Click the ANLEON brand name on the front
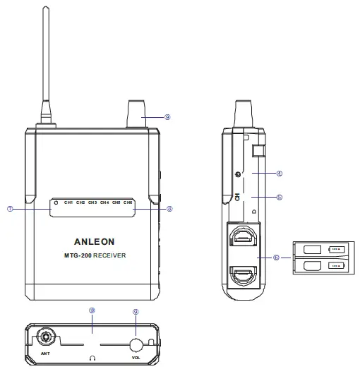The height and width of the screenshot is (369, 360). point(93,241)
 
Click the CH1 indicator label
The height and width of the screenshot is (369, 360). point(68,202)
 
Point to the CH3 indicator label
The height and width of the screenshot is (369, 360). point(92,202)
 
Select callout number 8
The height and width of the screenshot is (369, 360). point(169,208)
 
